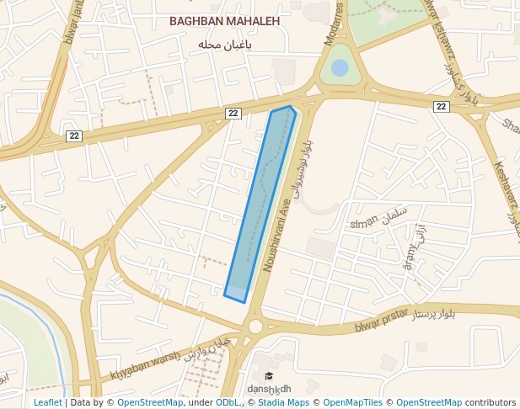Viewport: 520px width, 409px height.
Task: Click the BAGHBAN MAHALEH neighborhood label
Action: click(224, 21)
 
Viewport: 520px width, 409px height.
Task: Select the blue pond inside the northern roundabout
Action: click(340, 67)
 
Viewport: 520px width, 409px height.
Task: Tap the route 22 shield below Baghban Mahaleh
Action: click(233, 113)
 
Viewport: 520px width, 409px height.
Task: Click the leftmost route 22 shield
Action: click(74, 135)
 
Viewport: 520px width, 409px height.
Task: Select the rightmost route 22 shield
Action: click(442, 106)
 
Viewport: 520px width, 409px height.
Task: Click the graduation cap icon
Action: click(269, 376)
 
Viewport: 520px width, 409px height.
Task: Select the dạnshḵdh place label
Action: click(269, 388)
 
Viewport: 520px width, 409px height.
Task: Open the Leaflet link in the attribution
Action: click(47, 402)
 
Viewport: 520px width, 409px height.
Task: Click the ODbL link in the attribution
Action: click(227, 402)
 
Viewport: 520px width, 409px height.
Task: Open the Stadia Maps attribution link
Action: click(284, 402)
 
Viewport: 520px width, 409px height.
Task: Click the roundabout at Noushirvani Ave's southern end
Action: click(255, 326)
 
